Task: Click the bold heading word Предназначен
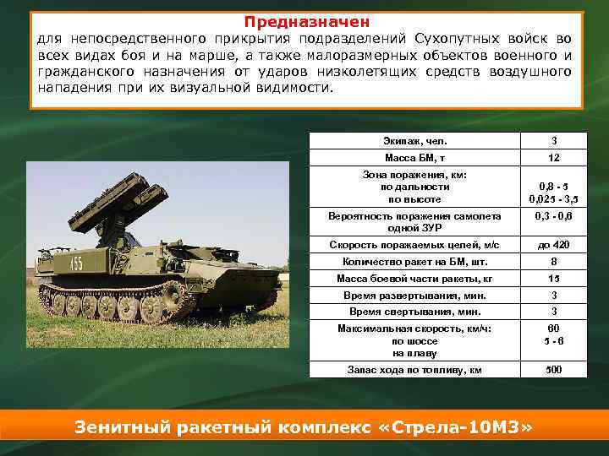(x=307, y=20)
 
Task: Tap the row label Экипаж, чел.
(x=414, y=140)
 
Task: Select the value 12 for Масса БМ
(x=553, y=159)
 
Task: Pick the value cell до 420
(x=553, y=244)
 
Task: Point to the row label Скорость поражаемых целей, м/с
(x=414, y=244)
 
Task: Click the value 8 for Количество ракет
(x=553, y=262)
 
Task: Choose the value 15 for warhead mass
(x=553, y=279)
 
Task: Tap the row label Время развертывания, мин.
(x=414, y=296)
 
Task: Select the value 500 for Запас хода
(x=553, y=370)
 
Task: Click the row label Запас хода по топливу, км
(x=414, y=370)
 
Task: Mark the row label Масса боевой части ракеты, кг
(x=414, y=279)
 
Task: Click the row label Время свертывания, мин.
(x=414, y=312)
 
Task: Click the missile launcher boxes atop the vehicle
(x=110, y=198)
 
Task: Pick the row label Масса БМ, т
(x=414, y=159)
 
